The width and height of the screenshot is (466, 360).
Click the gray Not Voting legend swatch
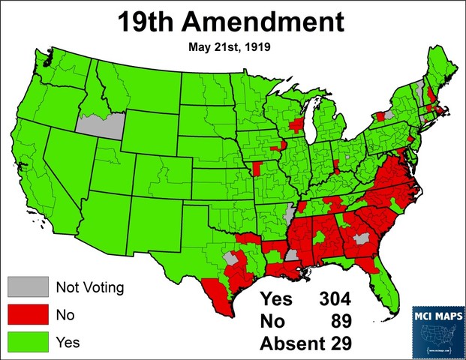click(x=26, y=286)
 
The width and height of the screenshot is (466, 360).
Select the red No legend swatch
click(x=26, y=314)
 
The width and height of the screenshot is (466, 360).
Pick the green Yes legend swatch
click(x=26, y=342)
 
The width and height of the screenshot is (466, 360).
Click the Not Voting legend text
click(x=89, y=286)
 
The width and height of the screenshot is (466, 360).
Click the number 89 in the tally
click(x=341, y=322)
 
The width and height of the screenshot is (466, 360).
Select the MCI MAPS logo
click(x=437, y=328)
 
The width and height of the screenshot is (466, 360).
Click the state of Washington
click(x=62, y=67)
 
